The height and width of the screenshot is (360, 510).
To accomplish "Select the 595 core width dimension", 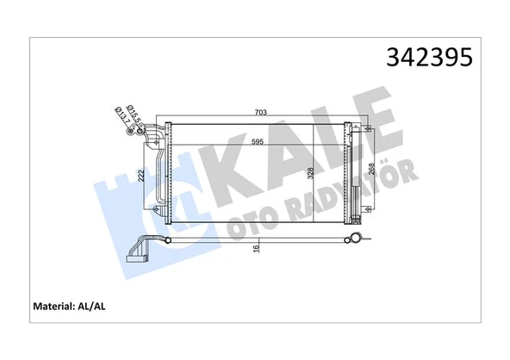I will [x=258, y=142].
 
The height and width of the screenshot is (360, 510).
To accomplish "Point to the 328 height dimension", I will [x=286, y=173].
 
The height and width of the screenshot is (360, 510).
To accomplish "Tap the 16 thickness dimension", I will [x=256, y=249].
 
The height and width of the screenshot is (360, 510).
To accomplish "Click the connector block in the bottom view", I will [x=137, y=255].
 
